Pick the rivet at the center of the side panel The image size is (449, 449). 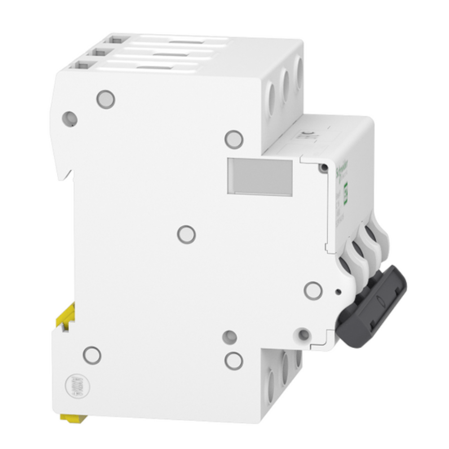186,234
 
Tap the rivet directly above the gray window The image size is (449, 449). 234,139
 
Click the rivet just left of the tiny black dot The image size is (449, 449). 313,290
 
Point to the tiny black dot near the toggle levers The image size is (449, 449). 338,292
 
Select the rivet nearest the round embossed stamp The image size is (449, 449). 92,355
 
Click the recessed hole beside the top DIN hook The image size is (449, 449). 70,119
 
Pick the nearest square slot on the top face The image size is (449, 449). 81,66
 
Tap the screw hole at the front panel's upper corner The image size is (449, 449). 323,168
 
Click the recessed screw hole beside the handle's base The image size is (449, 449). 304,334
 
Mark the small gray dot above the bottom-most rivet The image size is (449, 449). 230,337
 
